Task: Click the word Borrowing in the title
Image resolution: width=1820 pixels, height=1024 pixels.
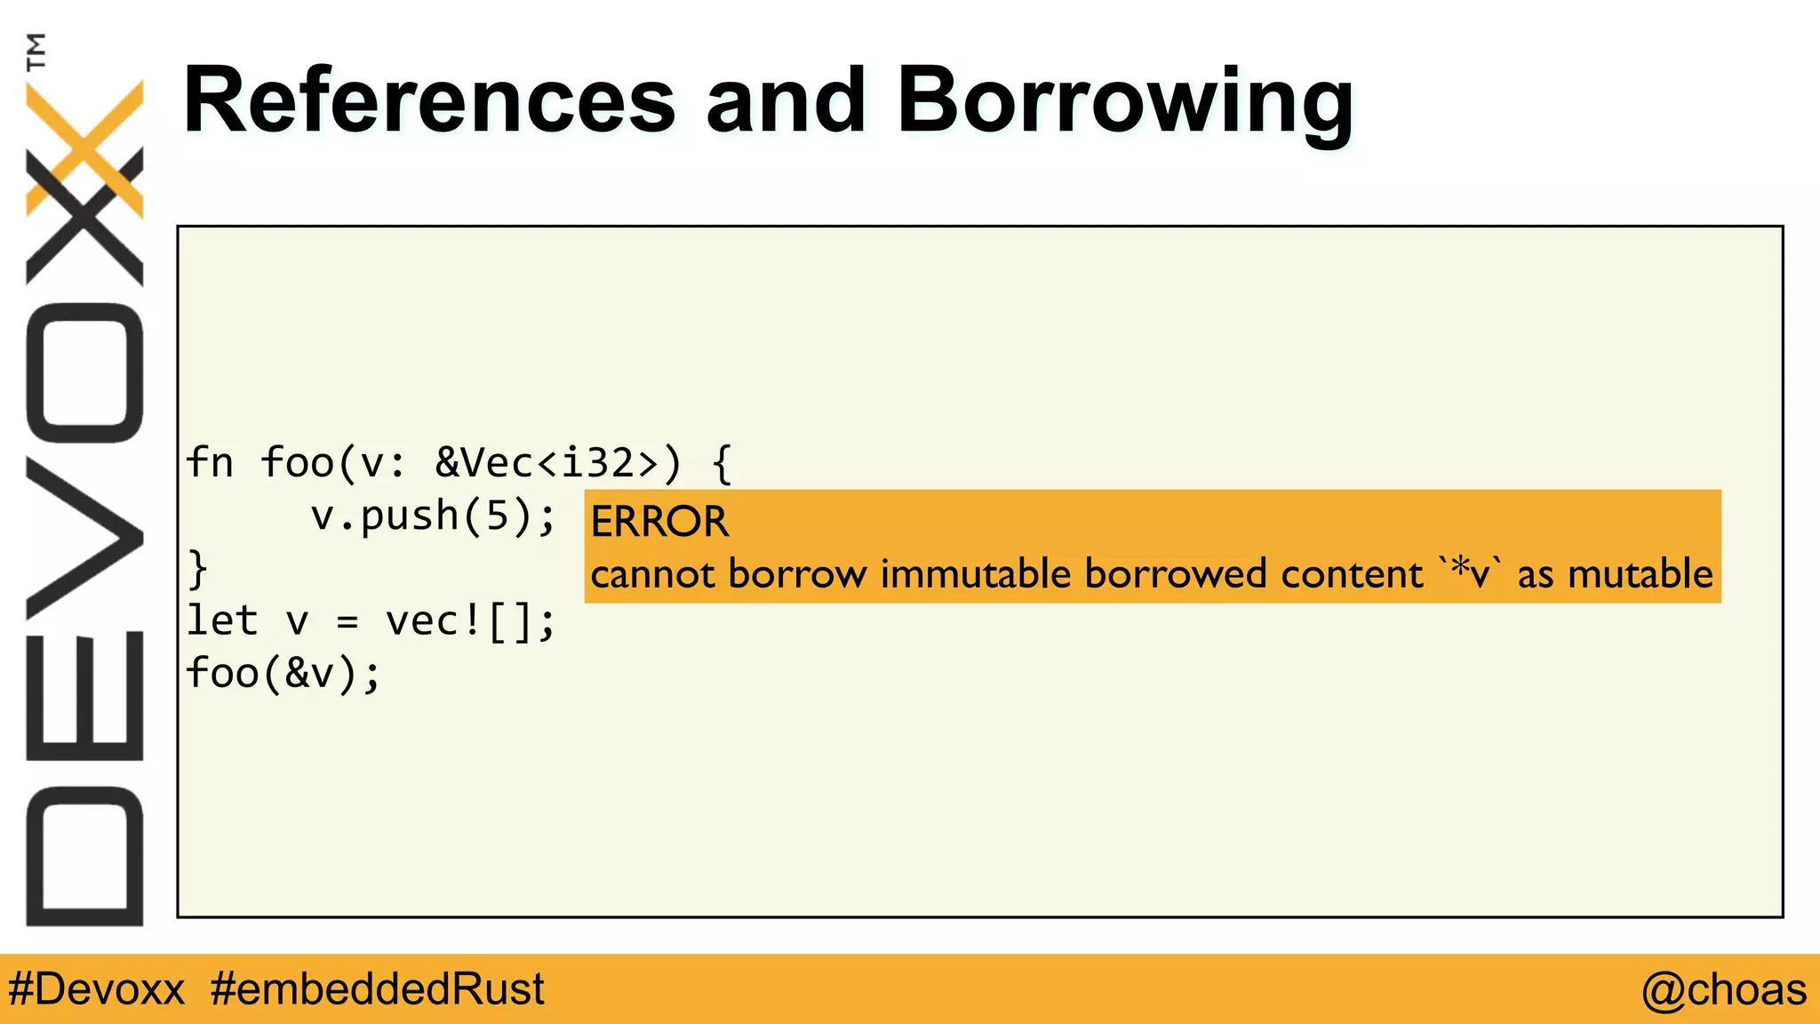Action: (1125, 102)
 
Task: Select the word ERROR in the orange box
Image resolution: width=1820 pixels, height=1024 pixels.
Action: (659, 522)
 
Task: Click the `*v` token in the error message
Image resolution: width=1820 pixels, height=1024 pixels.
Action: (1471, 573)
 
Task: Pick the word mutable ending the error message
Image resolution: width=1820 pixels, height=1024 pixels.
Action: (1640, 574)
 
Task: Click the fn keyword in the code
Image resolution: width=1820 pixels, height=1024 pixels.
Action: (210, 463)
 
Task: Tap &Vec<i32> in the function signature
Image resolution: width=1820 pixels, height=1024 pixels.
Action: (547, 463)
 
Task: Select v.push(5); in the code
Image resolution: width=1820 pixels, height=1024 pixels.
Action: (433, 516)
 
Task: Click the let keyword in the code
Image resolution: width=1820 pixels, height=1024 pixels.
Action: (222, 620)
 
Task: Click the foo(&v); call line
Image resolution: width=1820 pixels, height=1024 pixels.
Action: (283, 673)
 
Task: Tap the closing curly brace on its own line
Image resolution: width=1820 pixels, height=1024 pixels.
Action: (198, 569)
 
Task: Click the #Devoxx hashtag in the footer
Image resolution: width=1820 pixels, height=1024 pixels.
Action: (96, 989)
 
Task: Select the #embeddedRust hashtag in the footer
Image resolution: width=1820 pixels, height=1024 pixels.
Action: (377, 989)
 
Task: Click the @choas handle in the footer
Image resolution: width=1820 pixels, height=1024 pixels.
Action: (1723, 989)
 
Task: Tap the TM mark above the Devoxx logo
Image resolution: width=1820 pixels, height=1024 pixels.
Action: (36, 51)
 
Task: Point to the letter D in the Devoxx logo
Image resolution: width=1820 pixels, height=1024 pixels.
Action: (84, 856)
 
